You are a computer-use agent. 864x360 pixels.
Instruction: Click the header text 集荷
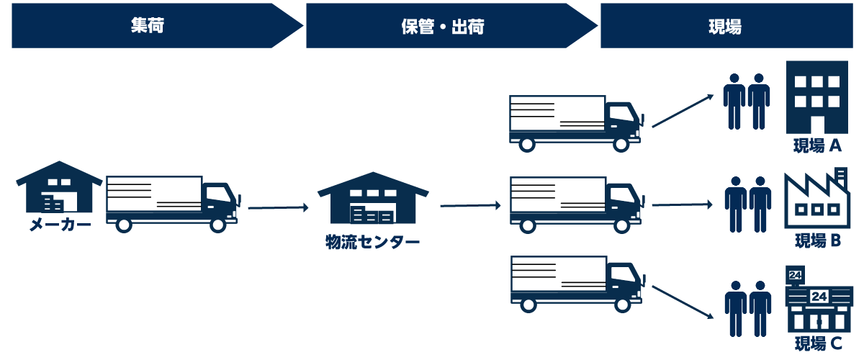point(148,26)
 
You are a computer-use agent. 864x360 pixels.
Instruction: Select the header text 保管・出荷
point(442,27)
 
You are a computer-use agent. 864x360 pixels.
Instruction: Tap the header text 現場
point(725,27)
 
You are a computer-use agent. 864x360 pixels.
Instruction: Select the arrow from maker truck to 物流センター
point(278,208)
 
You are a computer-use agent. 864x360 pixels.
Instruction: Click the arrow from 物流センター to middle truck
point(470,206)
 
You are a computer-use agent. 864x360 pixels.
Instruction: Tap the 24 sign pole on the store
point(796,278)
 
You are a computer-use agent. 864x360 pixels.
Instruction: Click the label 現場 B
point(817,240)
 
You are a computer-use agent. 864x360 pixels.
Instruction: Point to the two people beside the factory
point(747,204)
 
